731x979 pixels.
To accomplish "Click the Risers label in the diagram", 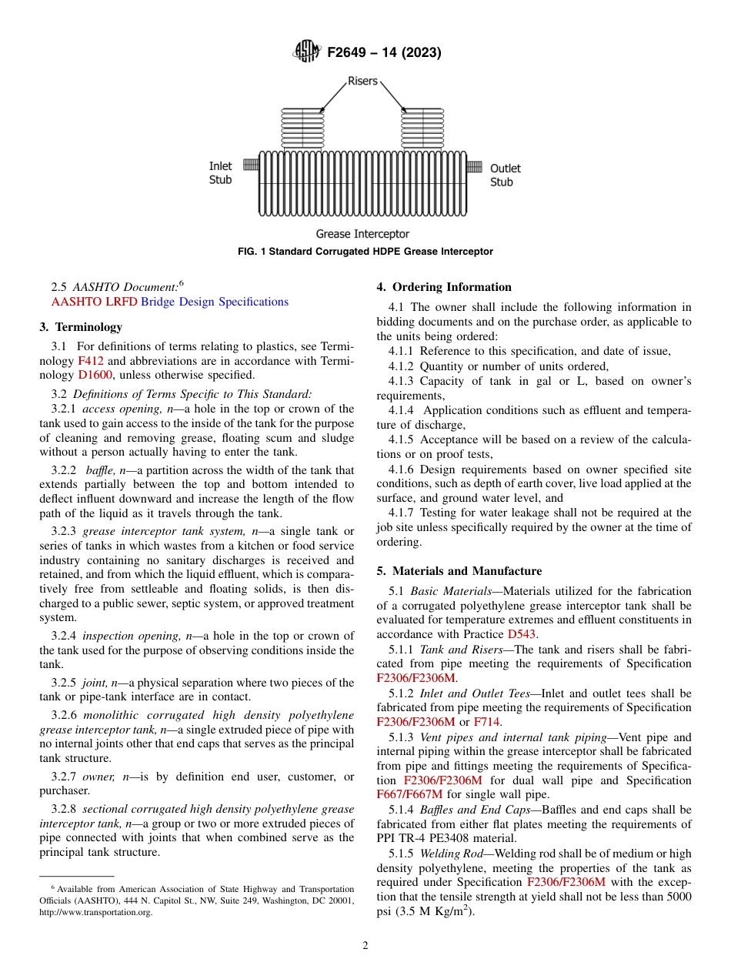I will (362, 81).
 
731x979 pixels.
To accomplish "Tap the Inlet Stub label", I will (220, 173).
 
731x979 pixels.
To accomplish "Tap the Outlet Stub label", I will (506, 175).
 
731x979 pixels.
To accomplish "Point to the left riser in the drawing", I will (303, 129).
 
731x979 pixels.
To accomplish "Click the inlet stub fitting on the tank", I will (250, 165).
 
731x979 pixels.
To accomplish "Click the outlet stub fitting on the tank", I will (476, 165).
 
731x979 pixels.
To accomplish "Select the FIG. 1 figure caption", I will (365, 252).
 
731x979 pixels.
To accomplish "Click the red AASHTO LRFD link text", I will (94, 302).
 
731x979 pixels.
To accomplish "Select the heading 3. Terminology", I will (81, 327).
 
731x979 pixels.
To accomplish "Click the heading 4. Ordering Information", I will (444, 287).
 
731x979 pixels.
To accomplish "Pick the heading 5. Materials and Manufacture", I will (459, 571).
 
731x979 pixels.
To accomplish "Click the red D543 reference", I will (522, 634).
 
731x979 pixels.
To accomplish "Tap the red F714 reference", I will (486, 722).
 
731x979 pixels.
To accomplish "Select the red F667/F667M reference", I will (409, 795).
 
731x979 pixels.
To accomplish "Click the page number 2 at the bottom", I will (365, 946).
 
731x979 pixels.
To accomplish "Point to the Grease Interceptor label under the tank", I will (362, 234).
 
